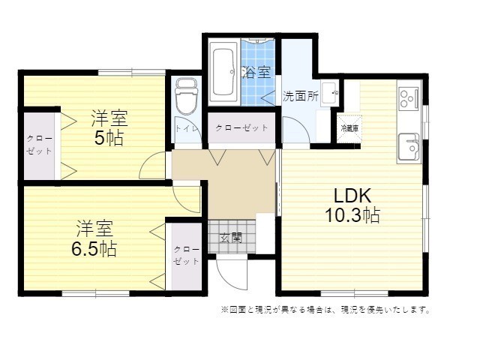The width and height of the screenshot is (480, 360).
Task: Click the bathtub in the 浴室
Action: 224,72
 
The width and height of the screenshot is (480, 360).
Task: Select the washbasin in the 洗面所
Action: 329,93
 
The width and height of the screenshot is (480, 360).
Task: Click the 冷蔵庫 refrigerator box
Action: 349,129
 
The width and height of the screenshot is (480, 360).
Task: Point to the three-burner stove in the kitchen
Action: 409,98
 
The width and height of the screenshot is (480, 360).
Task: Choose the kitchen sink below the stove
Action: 409,148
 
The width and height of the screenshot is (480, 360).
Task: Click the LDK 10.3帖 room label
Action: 352,205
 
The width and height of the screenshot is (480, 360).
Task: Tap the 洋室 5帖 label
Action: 109,128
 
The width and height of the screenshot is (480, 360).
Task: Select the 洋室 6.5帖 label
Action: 94,238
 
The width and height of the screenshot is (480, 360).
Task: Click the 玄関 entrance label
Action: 231,237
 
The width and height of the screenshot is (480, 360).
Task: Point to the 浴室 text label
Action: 256,72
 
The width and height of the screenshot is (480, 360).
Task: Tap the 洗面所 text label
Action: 300,96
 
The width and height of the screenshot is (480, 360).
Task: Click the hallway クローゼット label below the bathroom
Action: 241,127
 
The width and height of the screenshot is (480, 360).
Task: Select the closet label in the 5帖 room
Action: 40,145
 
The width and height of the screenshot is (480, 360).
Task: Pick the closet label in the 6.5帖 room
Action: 187,255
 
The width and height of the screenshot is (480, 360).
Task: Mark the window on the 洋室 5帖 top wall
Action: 132,73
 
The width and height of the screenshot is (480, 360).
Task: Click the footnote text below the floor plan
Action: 325,310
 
